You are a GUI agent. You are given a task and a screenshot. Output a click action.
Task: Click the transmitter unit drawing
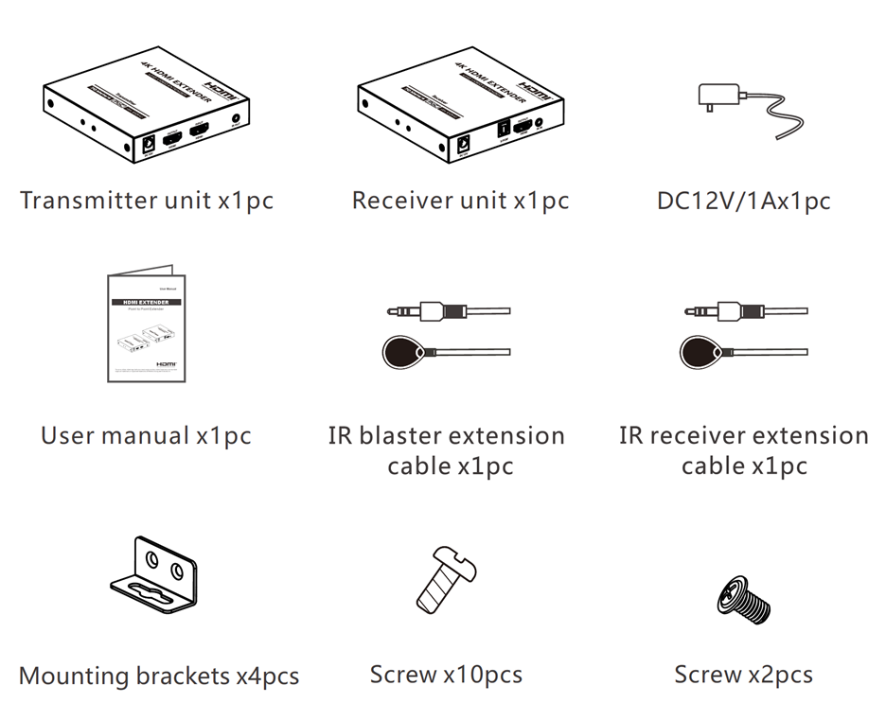(x=147, y=109)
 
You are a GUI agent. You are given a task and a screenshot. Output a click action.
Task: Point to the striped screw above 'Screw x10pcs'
(x=446, y=579)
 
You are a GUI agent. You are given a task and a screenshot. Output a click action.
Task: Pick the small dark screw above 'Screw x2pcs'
(x=745, y=598)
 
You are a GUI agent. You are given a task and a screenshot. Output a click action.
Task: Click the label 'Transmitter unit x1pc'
(x=147, y=201)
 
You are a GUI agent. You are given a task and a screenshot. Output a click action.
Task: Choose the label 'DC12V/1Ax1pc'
(x=744, y=201)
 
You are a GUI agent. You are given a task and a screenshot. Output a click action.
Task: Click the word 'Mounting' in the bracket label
(x=74, y=677)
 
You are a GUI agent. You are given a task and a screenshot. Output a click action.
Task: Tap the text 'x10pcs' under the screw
(x=483, y=675)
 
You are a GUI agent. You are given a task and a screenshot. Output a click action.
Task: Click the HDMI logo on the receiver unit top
(x=536, y=87)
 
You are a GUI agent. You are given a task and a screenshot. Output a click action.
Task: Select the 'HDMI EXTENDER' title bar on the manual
(x=146, y=303)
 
